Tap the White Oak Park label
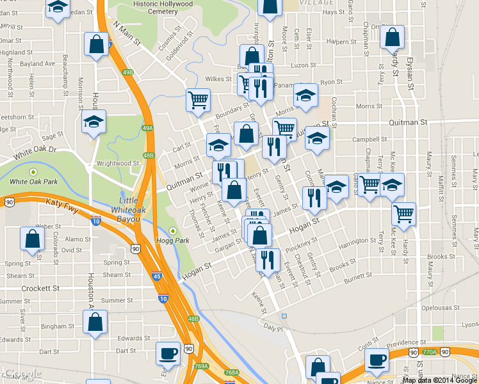(33, 181)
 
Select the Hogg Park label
(172, 241)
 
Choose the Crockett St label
(40, 289)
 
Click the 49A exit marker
(147, 129)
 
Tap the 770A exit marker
(430, 352)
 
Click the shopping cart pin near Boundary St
(199, 99)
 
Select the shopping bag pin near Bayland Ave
(96, 45)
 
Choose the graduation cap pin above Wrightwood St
(93, 122)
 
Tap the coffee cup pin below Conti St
(377, 359)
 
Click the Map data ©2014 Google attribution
(440, 380)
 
